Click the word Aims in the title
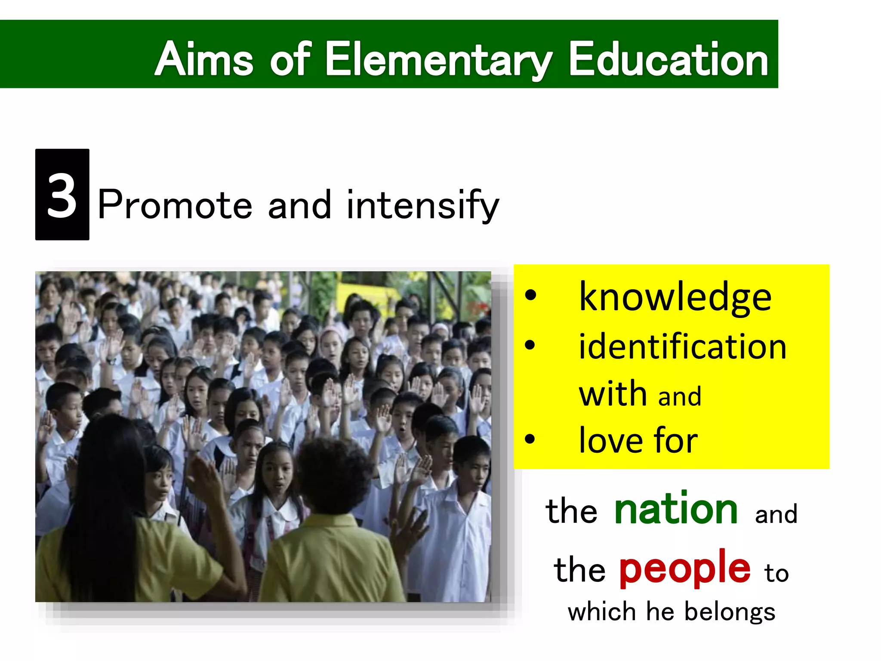click(204, 59)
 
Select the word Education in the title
click(668, 59)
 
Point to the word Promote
click(175, 205)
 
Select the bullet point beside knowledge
click(530, 296)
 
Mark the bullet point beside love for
click(530, 439)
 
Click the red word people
click(685, 568)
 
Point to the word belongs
click(730, 612)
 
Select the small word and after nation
click(776, 514)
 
